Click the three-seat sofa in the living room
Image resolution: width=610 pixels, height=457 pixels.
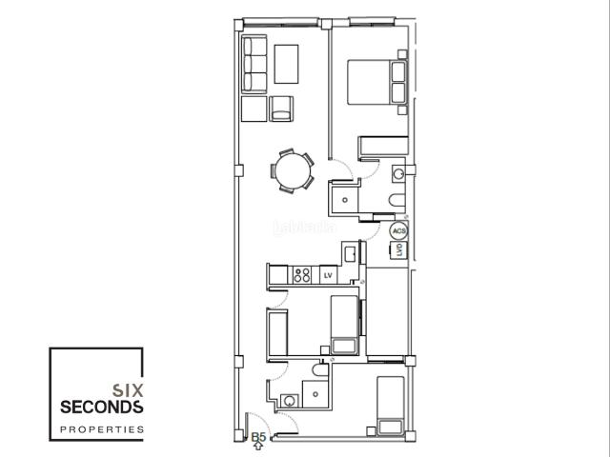tap(254, 64)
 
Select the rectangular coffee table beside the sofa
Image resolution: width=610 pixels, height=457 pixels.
tap(287, 64)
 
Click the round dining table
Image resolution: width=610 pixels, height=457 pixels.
tap(292, 171)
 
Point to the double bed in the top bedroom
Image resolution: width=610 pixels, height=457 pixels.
tap(376, 81)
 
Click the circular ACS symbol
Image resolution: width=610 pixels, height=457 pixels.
tap(399, 231)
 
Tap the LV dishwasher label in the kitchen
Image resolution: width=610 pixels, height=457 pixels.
tap(329, 275)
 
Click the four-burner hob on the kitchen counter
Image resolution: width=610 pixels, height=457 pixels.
tap(303, 275)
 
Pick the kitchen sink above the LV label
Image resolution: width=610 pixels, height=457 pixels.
tap(350, 253)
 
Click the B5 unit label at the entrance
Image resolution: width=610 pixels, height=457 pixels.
tap(258, 437)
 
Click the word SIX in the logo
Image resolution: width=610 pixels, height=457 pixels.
tap(127, 388)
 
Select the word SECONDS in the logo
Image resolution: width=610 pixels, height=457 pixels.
tap(101, 407)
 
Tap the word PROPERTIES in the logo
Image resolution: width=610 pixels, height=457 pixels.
tap(101, 429)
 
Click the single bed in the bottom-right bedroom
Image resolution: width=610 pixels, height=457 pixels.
tap(391, 407)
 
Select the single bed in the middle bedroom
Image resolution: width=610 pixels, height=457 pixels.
tap(342, 324)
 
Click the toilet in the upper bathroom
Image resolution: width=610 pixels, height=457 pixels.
tap(397, 197)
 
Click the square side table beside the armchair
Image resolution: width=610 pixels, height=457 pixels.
tap(254, 109)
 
